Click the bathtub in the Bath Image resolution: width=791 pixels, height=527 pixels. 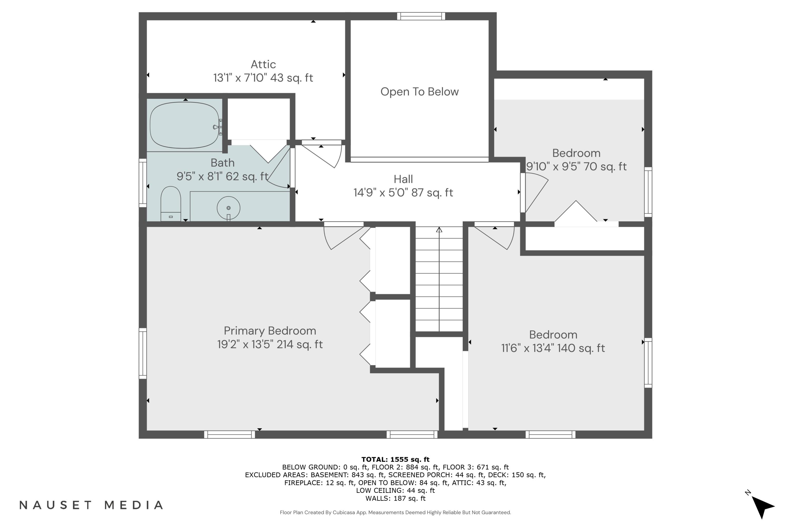coord(184,125)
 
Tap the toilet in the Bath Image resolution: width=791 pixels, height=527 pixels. coord(171,204)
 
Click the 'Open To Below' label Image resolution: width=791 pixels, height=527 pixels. coord(419,91)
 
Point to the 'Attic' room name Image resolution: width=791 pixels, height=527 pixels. coord(263,64)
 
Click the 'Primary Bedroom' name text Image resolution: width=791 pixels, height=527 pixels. coord(270,331)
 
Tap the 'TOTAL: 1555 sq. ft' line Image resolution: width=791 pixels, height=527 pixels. coord(395,460)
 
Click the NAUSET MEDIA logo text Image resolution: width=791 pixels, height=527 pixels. coord(91,505)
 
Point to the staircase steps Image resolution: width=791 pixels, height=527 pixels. coord(439,279)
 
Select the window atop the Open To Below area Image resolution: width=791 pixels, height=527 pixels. coord(421,16)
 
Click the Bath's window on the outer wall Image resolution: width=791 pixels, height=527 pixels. coord(143,183)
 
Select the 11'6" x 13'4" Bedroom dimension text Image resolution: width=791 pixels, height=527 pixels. coord(553,348)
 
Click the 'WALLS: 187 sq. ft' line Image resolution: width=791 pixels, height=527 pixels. coord(395,499)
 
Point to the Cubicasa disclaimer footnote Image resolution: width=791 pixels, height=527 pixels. coord(395,513)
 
